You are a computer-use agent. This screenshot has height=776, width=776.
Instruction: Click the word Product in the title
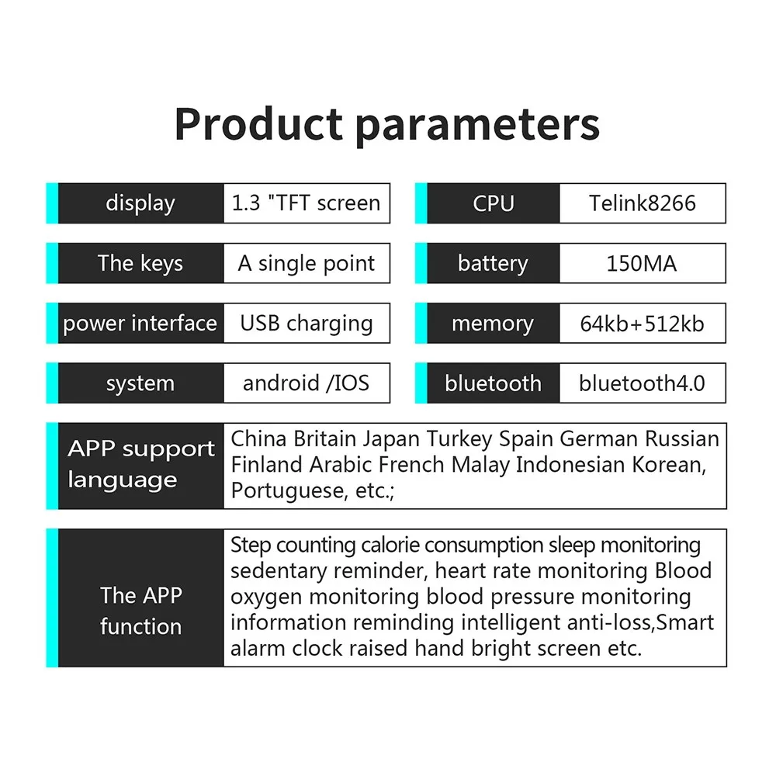(x=259, y=123)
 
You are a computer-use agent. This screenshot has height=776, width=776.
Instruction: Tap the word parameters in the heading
(x=477, y=127)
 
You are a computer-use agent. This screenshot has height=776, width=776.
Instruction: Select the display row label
(x=140, y=203)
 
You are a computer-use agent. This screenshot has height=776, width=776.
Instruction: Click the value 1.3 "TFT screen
(x=307, y=203)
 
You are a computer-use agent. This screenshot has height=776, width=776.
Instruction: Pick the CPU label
(x=494, y=203)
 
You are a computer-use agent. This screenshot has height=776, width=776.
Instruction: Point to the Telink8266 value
(x=643, y=203)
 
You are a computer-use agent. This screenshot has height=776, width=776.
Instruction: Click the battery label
(x=493, y=263)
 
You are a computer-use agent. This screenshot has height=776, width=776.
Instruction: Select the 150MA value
(x=642, y=263)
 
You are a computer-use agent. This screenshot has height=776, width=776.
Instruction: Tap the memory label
(x=493, y=324)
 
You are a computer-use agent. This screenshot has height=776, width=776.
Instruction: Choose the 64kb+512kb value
(x=643, y=324)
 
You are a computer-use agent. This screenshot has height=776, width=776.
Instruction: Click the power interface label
(x=140, y=323)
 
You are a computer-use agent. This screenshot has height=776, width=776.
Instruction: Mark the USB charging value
(x=307, y=324)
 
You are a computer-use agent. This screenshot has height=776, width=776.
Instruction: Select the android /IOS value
(x=307, y=383)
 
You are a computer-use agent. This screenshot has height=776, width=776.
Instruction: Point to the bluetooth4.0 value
(x=643, y=383)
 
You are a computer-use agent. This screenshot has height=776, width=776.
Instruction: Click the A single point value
(x=307, y=263)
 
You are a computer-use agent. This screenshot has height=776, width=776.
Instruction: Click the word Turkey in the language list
(x=459, y=439)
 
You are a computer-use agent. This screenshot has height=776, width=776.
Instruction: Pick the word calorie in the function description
(x=390, y=545)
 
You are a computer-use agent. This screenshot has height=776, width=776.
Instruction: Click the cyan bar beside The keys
(x=52, y=263)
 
